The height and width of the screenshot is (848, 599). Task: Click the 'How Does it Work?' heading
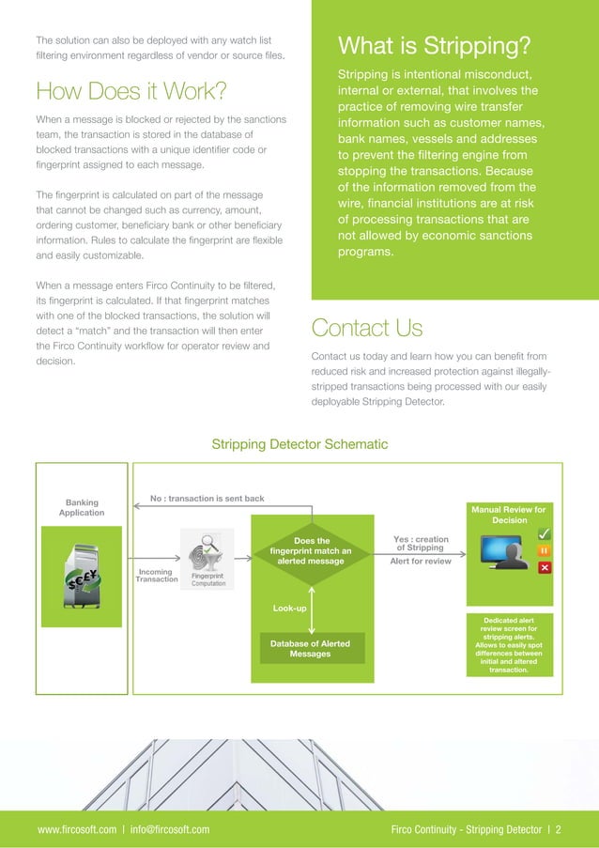point(131,91)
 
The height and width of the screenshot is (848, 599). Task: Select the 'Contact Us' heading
point(366,328)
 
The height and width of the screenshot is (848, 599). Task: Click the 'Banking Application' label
point(82,507)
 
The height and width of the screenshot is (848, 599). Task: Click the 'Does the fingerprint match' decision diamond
point(311,551)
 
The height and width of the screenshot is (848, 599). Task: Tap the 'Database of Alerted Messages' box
point(310,648)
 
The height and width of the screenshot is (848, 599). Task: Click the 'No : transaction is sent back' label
point(206,498)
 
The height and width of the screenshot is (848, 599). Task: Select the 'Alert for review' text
point(420,562)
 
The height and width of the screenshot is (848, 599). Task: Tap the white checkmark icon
point(545,534)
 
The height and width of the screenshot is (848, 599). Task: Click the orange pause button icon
point(545,551)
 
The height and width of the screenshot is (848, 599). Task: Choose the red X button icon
point(545,568)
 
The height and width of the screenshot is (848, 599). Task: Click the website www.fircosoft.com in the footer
point(76,829)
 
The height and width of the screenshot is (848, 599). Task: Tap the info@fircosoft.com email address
point(171,829)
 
